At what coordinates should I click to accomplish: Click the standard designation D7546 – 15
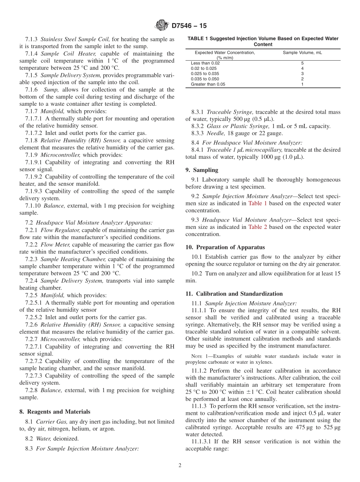tap(189, 26)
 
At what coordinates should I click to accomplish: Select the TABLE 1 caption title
tap(263, 41)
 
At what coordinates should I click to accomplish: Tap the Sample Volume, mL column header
tap(299, 53)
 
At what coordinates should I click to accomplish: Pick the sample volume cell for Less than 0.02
tap(302, 63)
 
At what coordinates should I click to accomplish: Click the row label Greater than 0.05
tap(208, 84)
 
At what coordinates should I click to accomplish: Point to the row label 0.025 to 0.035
tap(205, 74)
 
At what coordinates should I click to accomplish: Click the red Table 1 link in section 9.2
tap(257, 203)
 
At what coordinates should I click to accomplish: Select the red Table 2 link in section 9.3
tap(258, 227)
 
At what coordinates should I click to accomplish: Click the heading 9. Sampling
tap(202, 170)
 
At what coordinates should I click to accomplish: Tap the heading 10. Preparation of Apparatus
tap(225, 247)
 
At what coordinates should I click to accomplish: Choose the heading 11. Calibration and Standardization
tap(234, 294)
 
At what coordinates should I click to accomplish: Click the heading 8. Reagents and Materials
tap(55, 412)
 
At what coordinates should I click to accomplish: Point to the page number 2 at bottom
tap(180, 465)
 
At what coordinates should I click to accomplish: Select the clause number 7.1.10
tap(33, 206)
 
